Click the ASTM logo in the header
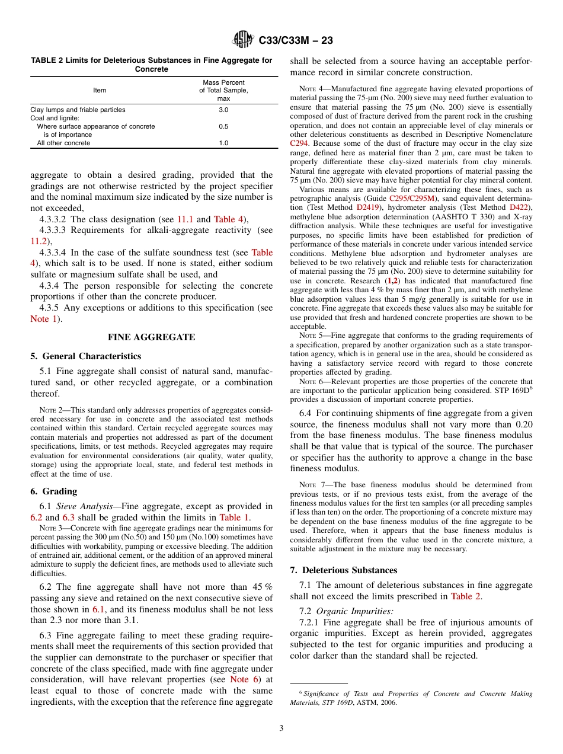click(x=243, y=40)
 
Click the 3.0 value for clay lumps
click(x=223, y=110)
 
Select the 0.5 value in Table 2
click(x=223, y=126)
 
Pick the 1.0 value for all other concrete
click(x=223, y=143)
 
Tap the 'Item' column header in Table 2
click(x=100, y=90)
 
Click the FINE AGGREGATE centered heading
click(x=151, y=337)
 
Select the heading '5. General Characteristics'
click(x=86, y=356)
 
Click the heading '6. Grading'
click(x=54, y=491)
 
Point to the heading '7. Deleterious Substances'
click(x=344, y=570)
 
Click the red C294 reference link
click(x=299, y=143)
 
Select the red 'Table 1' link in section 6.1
click(x=233, y=517)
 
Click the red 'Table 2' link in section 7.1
click(x=465, y=596)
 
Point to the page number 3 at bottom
click(x=281, y=729)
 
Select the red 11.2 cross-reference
click(x=39, y=241)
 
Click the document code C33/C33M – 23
click(x=296, y=40)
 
